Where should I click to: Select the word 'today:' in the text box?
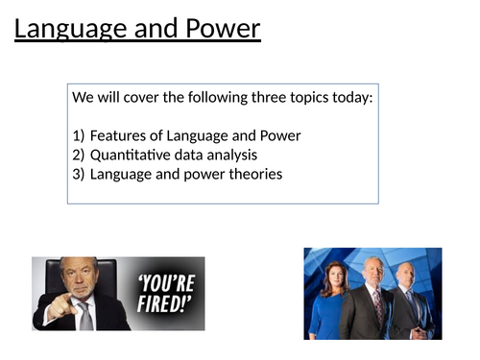tap(349, 98)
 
